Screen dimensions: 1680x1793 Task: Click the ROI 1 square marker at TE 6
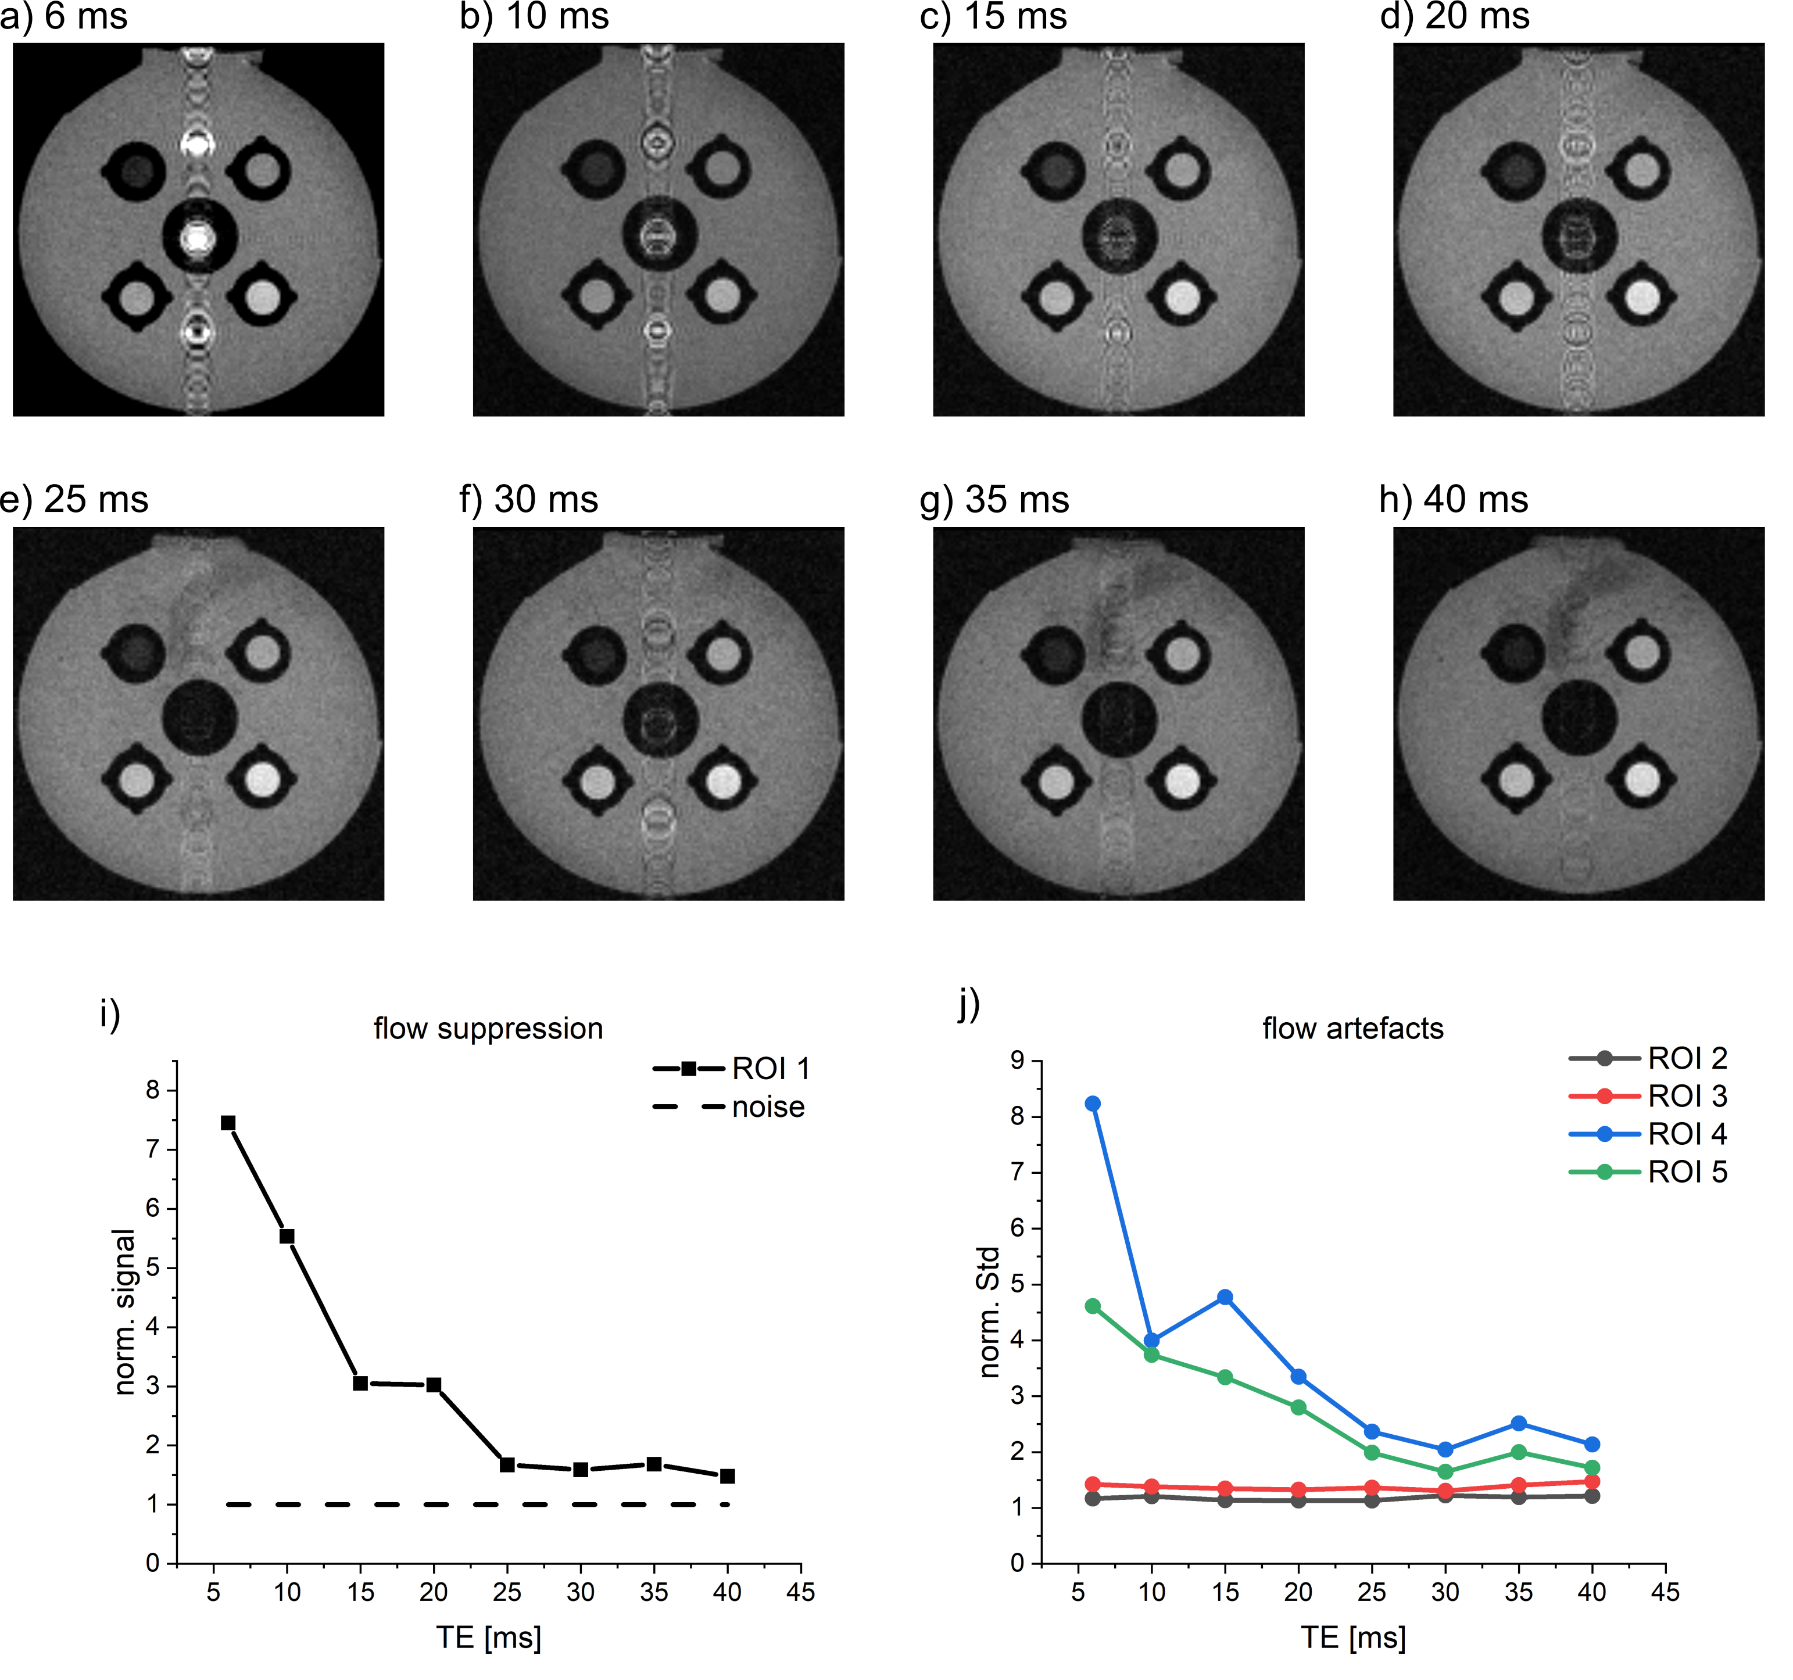click(228, 1123)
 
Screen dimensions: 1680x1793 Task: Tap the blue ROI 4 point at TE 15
click(1225, 1296)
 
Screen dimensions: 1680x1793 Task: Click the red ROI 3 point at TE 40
click(1592, 1482)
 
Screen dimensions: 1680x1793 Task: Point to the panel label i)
click(110, 1015)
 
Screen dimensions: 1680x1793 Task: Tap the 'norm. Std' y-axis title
click(989, 1312)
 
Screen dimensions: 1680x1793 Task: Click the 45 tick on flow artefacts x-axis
click(1665, 1592)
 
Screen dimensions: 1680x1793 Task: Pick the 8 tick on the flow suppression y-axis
click(153, 1090)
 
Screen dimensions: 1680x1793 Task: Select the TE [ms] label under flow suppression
click(488, 1637)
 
